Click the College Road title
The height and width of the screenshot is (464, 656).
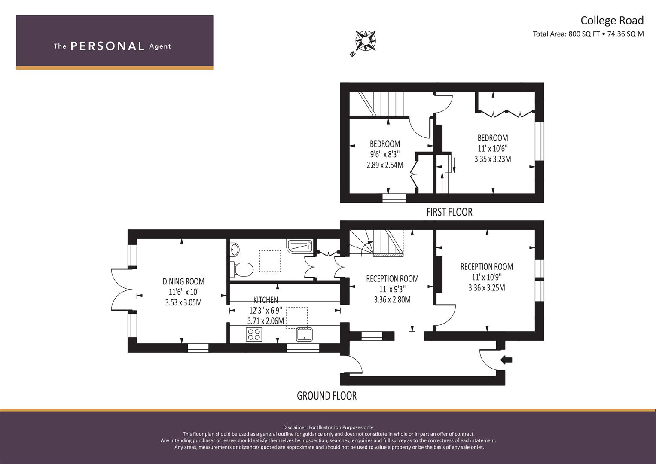click(612, 21)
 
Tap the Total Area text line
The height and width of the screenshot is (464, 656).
click(588, 34)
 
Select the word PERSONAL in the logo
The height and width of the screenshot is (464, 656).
click(107, 46)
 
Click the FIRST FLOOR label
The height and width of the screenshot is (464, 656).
click(449, 212)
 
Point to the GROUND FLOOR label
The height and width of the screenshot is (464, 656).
click(326, 396)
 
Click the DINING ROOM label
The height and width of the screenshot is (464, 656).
click(183, 282)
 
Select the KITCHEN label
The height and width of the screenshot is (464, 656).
click(265, 300)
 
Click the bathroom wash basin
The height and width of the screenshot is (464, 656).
click(235, 249)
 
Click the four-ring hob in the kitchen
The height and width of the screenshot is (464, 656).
click(254, 334)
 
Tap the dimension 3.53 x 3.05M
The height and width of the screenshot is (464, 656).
click(183, 302)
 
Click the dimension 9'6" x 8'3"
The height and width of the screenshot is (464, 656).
click(385, 154)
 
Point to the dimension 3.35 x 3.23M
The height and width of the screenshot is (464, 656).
click(492, 159)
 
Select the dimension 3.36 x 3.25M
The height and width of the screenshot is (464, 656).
click(486, 288)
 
